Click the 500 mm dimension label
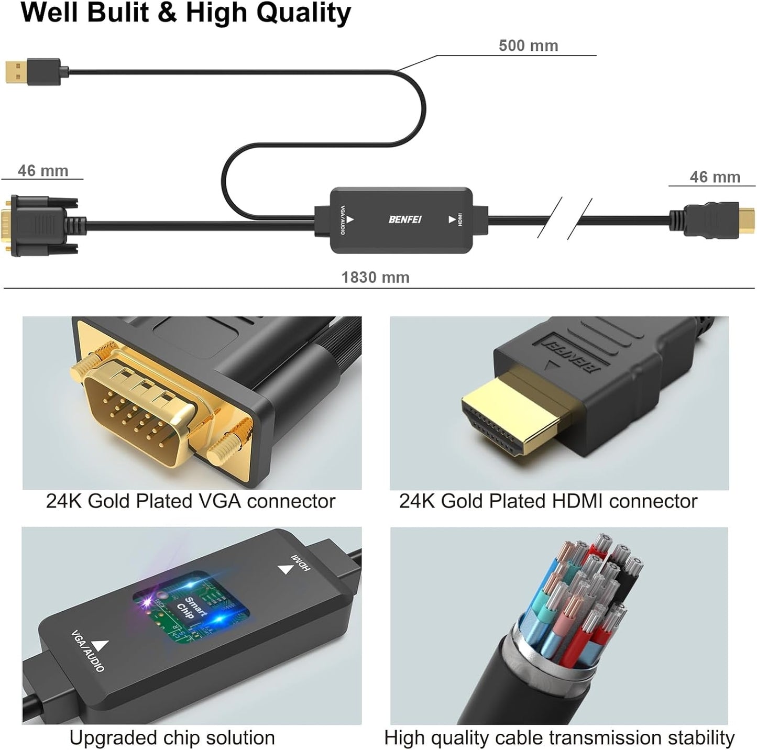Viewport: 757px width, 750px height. pyautogui.click(x=528, y=46)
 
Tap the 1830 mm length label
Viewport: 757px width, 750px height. pyautogui.click(x=375, y=277)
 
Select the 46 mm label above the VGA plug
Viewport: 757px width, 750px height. pyautogui.click(x=43, y=171)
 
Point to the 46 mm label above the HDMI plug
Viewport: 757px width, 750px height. pyautogui.click(x=715, y=177)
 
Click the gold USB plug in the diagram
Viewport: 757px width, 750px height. pyautogui.click(x=16, y=72)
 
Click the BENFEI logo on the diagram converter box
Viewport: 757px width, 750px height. pyautogui.click(x=404, y=219)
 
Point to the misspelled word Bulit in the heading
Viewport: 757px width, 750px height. pyautogui.click(x=118, y=13)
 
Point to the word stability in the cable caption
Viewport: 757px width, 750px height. pyautogui.click(x=701, y=737)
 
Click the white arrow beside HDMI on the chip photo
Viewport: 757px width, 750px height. pyautogui.click(x=285, y=569)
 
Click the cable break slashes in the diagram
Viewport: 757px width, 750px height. pyautogui.click(x=565, y=217)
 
